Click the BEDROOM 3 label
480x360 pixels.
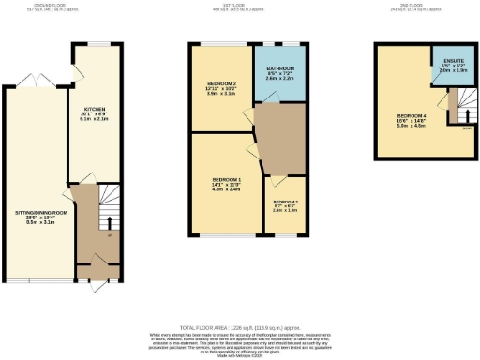(286, 202)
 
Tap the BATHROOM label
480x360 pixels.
(281, 70)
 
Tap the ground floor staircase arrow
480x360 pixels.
(110, 222)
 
